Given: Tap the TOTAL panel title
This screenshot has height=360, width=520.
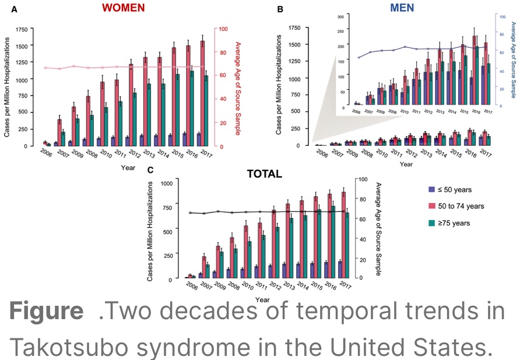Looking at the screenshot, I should (x=263, y=173).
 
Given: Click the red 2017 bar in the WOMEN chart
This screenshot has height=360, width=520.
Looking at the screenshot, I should (x=202, y=93).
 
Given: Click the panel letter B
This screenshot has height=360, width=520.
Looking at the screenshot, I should (x=280, y=9).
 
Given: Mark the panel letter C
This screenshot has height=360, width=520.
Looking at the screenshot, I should (x=150, y=170).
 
